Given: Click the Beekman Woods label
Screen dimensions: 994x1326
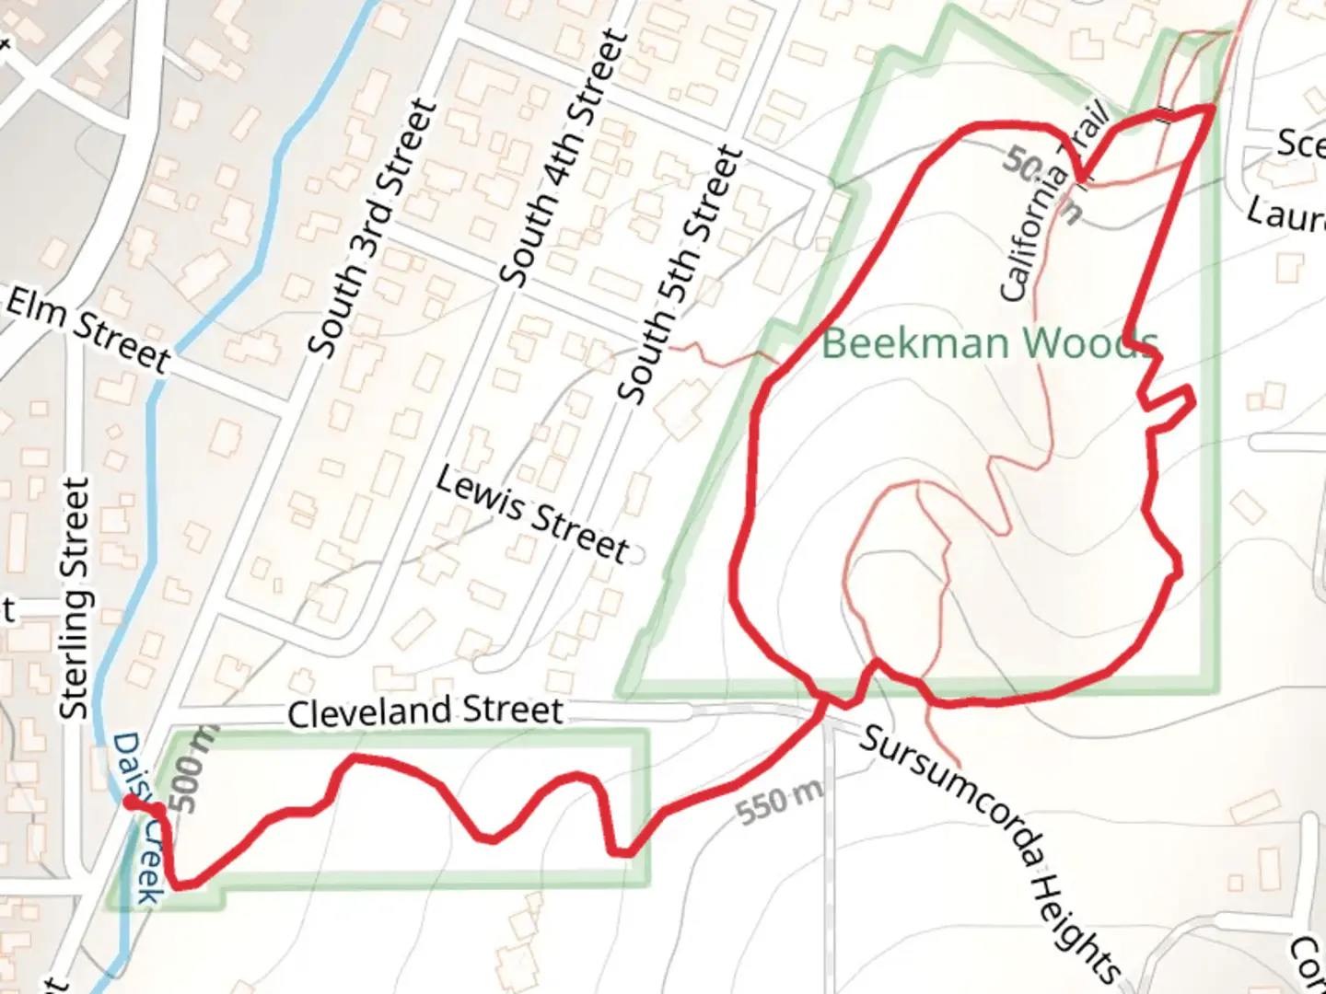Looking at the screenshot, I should tap(989, 342).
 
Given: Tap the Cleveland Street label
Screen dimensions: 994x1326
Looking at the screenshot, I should tap(425, 711).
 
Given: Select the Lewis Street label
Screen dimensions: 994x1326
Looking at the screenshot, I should tap(532, 514).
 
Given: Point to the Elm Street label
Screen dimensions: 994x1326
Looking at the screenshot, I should tap(87, 329).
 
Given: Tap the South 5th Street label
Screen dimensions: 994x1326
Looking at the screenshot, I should tap(680, 274).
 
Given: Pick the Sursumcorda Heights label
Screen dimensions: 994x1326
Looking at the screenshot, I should tap(990, 851).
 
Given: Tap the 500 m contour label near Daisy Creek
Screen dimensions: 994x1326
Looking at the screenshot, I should tap(192, 769).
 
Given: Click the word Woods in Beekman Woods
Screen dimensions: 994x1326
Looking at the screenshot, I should tap(1090, 342).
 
